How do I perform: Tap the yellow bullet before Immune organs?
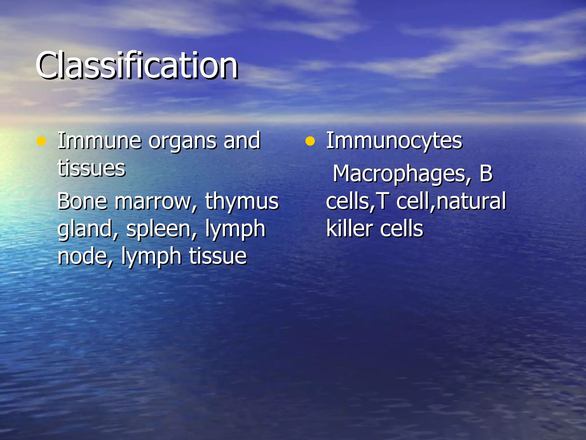tap(41, 141)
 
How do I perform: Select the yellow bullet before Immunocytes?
tap(310, 141)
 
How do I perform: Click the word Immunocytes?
tap(394, 141)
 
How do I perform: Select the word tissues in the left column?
tap(91, 168)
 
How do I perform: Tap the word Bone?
tap(82, 201)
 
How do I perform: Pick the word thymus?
tap(242, 202)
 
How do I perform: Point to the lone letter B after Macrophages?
tap(486, 174)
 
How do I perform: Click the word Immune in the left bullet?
tap(99, 141)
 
